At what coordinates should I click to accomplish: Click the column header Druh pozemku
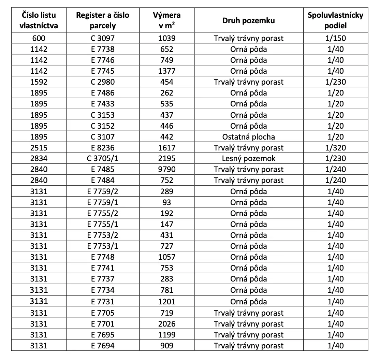[248, 20]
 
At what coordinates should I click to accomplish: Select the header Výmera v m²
[167, 20]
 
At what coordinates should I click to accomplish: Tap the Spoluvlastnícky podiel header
[335, 20]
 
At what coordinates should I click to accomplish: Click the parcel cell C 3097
[103, 38]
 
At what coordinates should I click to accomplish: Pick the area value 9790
[167, 170]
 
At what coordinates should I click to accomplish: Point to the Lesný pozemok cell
[248, 159]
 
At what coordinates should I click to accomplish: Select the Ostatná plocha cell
[248, 137]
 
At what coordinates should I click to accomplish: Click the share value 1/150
[335, 38]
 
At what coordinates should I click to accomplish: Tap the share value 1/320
[335, 148]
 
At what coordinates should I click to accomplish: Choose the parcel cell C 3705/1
[103, 159]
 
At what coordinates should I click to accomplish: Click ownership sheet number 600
[39, 38]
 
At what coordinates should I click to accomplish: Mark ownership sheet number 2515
[39, 148]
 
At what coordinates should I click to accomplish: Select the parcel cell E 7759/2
[103, 191]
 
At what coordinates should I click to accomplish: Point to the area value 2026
[167, 324]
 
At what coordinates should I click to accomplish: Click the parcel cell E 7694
[103, 346]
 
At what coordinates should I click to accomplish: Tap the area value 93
[167, 202]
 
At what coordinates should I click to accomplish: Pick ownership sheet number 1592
[39, 82]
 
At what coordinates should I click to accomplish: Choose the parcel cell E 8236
[103, 148]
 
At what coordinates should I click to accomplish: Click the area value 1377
[167, 71]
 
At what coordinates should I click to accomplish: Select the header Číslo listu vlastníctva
[39, 20]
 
